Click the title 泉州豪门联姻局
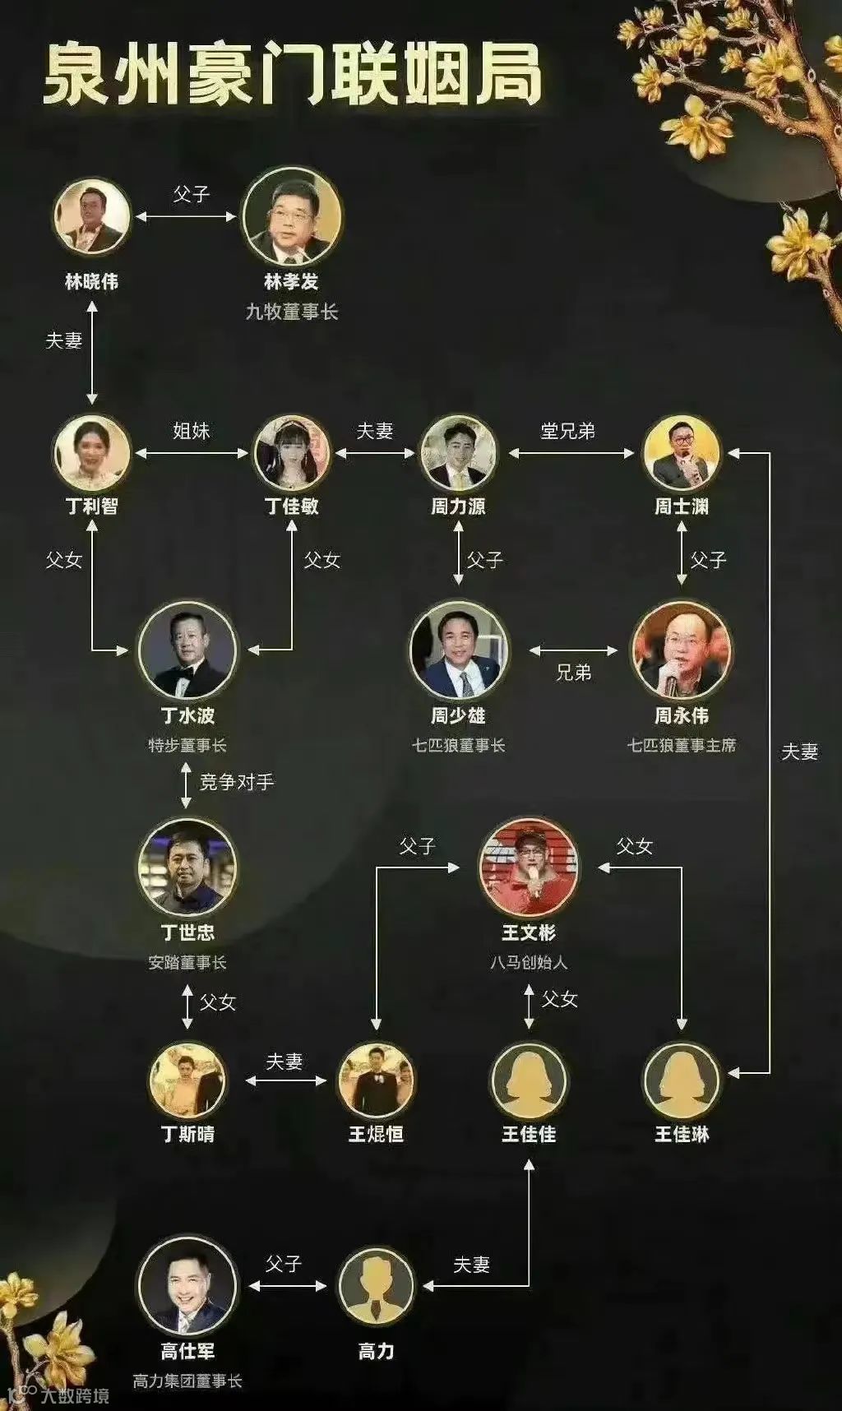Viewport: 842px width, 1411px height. click(292, 76)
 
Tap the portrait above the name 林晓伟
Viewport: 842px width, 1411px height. click(92, 217)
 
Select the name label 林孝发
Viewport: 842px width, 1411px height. click(291, 282)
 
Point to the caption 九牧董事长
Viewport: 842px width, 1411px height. click(292, 312)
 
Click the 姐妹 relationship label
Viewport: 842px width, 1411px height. click(192, 431)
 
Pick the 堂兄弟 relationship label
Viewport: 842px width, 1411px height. click(567, 431)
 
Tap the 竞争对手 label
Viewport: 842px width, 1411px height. click(237, 782)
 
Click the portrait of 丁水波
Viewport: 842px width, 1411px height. click(187, 650)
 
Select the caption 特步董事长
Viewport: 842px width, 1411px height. click(187, 746)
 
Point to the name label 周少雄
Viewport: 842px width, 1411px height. click(458, 716)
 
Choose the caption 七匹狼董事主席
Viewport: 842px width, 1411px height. click(682, 746)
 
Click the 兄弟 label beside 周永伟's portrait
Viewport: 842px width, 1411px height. click(574, 673)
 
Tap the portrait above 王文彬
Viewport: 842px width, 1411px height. click(529, 867)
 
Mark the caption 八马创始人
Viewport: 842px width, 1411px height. click(529, 962)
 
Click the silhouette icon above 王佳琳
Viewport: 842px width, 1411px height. click(682, 1080)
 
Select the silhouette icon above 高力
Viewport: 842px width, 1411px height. click(376, 1285)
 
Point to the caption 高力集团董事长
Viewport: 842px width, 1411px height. click(187, 1381)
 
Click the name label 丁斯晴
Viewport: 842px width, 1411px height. click(187, 1135)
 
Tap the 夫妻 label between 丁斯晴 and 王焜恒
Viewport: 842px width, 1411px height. click(285, 1062)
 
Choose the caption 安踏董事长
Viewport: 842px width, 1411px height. click(187, 962)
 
